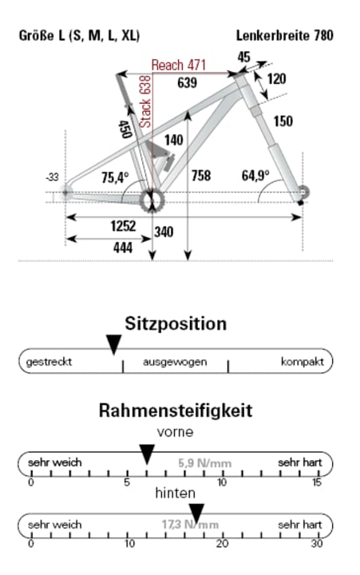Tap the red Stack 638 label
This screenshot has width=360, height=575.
click(145, 101)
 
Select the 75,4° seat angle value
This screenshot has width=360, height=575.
click(114, 177)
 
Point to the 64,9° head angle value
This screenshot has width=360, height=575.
click(255, 175)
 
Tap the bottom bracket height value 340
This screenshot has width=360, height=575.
click(164, 232)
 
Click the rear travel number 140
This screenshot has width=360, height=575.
click(173, 141)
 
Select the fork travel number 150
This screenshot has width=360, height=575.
click(283, 121)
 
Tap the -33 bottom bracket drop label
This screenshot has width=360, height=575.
click(53, 176)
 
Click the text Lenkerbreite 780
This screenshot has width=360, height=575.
click(284, 36)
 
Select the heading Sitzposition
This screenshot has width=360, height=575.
click(176, 323)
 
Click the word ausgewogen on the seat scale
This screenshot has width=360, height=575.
click(175, 362)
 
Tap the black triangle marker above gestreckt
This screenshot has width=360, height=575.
click(113, 344)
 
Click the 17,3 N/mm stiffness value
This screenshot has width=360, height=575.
click(190, 525)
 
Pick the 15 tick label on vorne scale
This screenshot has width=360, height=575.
click(318, 482)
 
